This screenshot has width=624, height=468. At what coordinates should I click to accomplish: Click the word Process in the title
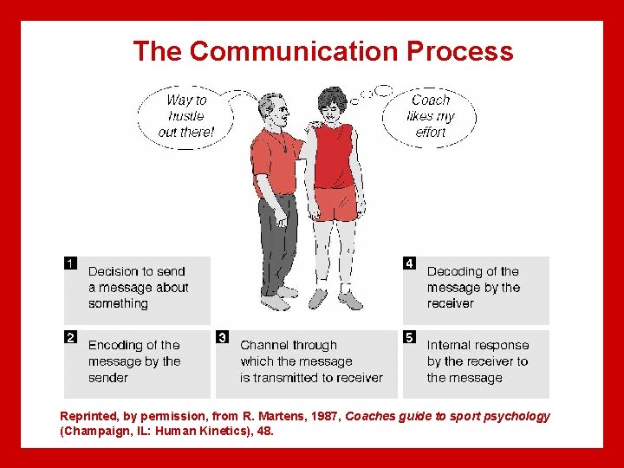[x=461, y=51]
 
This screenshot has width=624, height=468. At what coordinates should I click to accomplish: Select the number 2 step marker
[x=71, y=337]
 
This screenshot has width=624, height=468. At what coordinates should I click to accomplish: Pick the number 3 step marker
[x=223, y=337]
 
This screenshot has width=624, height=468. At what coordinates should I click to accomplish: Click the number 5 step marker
[x=409, y=337]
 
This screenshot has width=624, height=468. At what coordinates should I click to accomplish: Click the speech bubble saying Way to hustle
[x=185, y=115]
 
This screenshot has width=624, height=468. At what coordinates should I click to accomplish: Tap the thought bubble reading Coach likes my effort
[x=431, y=116]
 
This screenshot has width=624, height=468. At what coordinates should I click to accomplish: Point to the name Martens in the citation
[x=273, y=416]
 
